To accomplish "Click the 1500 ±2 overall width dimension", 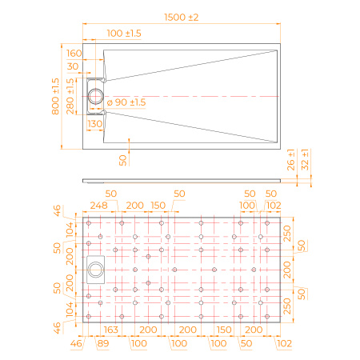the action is click(182, 18).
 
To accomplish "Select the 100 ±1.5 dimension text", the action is click(124, 34).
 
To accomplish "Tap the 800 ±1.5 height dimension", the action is click(55, 96).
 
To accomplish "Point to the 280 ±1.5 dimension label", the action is click(70, 96).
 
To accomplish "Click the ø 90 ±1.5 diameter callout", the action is click(126, 102).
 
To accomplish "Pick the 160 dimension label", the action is click(74, 54).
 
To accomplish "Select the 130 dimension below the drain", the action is click(95, 124).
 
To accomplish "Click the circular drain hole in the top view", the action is click(95, 96).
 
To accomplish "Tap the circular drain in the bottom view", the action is click(95, 270).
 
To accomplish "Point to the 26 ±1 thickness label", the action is click(291, 160).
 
